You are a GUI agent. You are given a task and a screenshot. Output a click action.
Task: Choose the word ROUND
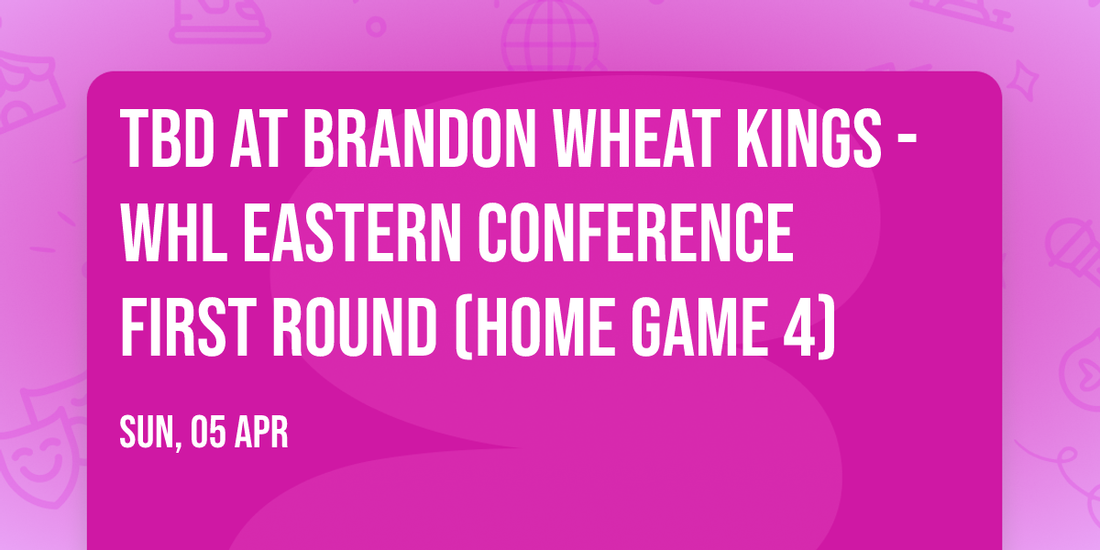(x=352, y=327)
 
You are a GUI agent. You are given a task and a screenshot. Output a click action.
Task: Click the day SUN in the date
(x=146, y=434)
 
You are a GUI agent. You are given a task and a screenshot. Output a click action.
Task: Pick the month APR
(x=264, y=434)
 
